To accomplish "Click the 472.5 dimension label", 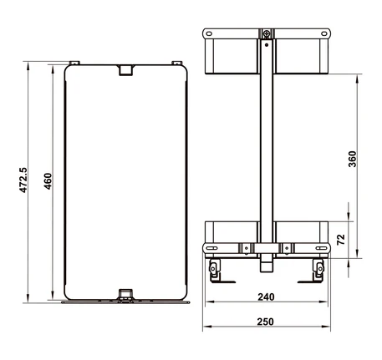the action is [23, 180].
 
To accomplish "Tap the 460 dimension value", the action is [48, 181].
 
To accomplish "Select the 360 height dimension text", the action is [352, 159].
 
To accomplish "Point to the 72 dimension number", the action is [341, 240].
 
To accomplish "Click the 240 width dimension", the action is [266, 297].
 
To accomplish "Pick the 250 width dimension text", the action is [266, 322].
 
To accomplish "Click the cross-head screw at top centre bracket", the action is [267, 34].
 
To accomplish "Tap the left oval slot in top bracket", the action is [209, 33].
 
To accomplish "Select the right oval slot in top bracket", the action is [324, 33].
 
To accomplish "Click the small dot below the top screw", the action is [267, 45].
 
